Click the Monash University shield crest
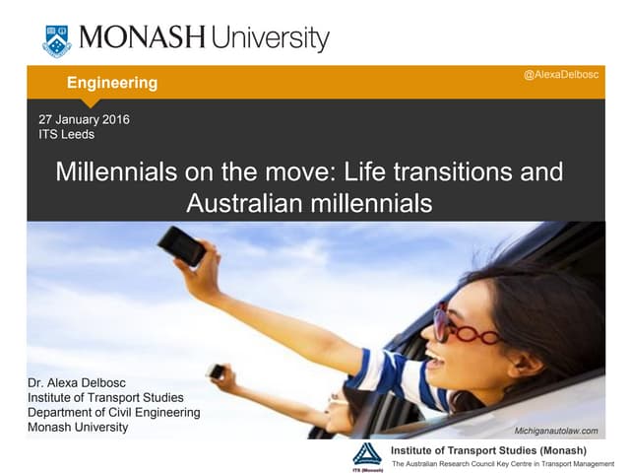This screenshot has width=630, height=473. pyautogui.click(x=57, y=40)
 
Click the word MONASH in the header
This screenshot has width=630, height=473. pyautogui.click(x=142, y=39)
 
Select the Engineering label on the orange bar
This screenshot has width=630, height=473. pyautogui.click(x=111, y=83)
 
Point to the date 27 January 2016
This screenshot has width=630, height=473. pyautogui.click(x=83, y=120)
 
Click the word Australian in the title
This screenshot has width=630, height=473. pyautogui.click(x=244, y=204)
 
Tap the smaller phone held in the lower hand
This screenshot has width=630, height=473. pyautogui.click(x=216, y=371)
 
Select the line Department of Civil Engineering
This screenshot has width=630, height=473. pyautogui.click(x=113, y=412)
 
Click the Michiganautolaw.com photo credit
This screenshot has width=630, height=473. pyautogui.click(x=556, y=432)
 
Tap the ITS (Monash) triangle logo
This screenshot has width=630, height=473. pyautogui.click(x=367, y=455)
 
